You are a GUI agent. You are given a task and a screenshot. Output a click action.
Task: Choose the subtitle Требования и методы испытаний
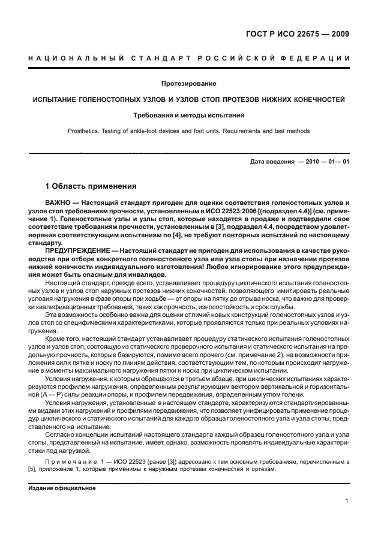(x=189, y=114)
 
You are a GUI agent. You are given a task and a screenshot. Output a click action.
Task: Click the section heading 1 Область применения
(x=91, y=186)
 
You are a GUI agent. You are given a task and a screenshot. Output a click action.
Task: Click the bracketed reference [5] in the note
(x=34, y=469)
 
